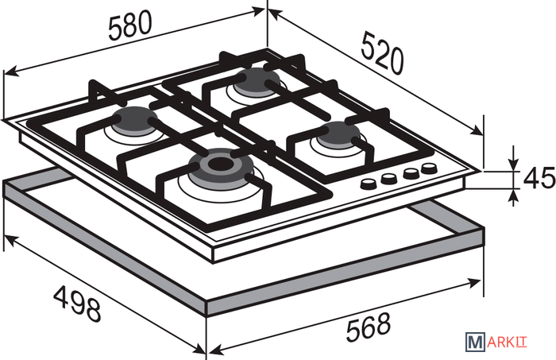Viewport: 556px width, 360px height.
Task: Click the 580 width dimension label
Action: click(129, 25)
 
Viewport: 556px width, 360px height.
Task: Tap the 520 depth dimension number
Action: click(382, 53)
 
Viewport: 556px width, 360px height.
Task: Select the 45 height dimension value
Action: click(539, 178)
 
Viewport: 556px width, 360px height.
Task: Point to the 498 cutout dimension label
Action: click(77, 304)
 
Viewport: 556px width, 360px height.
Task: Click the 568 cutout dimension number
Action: click(368, 327)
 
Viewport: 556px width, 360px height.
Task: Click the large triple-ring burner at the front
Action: click(221, 166)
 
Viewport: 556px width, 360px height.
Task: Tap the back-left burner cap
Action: click(136, 120)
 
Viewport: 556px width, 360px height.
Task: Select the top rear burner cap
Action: click(258, 80)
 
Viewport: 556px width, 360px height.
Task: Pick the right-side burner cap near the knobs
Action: click(338, 134)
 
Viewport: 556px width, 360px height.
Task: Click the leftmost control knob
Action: click(369, 184)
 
